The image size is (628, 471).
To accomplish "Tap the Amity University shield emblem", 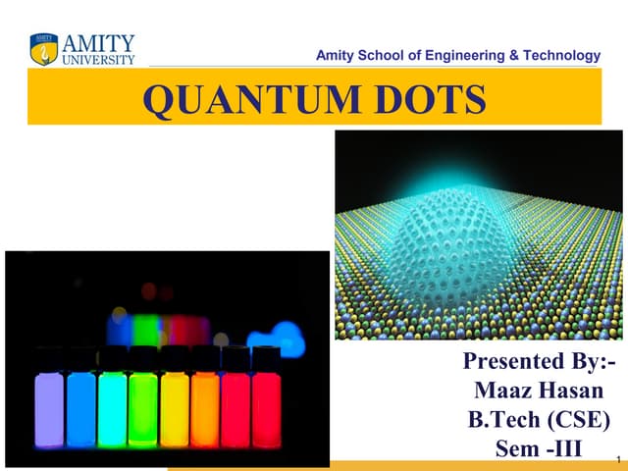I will coord(43,49).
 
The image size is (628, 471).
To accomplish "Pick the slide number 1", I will coord(617,458).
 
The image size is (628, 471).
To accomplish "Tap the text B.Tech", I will coord(508,421).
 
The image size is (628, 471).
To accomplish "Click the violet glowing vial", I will coord(50,409).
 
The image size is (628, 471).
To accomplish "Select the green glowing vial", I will coord(143,409).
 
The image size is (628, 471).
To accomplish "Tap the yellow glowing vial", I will coord(175,409).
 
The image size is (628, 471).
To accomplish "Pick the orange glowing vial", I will coord(205,409).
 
